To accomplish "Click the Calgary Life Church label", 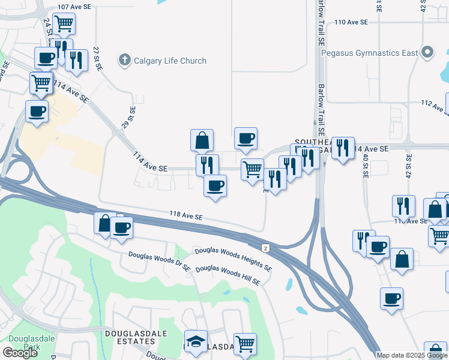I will coord(170,61).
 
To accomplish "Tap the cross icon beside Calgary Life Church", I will coord(125,60).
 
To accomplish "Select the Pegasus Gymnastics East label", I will coord(369,53).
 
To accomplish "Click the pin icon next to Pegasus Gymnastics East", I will coord(428,53).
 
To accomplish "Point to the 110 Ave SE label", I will coord(351,22).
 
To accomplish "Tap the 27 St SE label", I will coord(95,58).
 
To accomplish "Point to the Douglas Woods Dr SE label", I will coord(159,257).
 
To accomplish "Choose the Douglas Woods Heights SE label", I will coord(232,259).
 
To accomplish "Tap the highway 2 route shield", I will coord(265,248).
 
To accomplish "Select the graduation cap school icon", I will coord(195,341).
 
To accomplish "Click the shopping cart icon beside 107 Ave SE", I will coord(64,25).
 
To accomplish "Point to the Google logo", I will coord(19,352).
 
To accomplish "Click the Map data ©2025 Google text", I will coord(411,355).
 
